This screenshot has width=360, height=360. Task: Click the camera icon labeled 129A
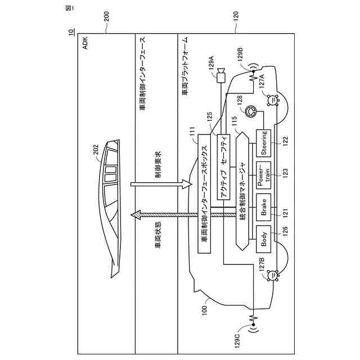(221, 78)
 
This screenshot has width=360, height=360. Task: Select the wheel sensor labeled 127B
(272, 275)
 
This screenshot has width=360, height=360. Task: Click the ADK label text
(85, 44)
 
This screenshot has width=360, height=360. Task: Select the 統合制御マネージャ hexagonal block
(242, 192)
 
